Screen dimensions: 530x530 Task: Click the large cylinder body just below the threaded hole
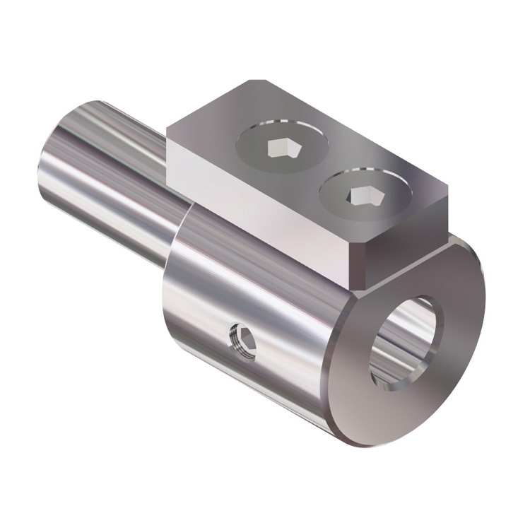click(x=247, y=382)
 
